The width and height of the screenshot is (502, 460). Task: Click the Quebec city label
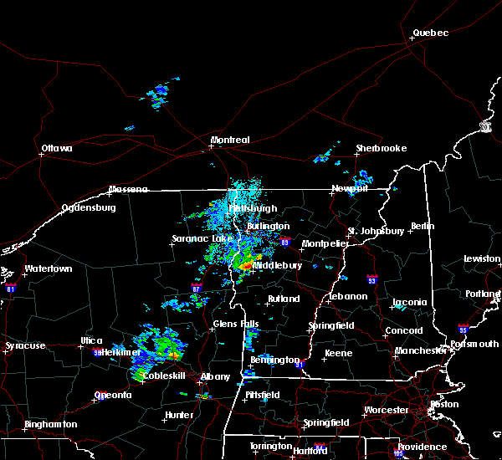430,33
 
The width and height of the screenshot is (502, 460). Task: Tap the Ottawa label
56,149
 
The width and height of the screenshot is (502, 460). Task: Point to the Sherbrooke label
381,148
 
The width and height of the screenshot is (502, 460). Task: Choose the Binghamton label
50,424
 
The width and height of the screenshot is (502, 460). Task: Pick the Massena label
128,189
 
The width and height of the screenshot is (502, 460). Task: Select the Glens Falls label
236,324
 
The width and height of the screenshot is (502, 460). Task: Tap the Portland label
484,294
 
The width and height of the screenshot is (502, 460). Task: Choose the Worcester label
387,410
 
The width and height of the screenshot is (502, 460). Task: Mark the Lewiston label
483,258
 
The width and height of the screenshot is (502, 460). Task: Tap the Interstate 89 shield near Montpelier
285,243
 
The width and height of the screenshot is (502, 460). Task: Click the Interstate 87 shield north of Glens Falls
196,287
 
